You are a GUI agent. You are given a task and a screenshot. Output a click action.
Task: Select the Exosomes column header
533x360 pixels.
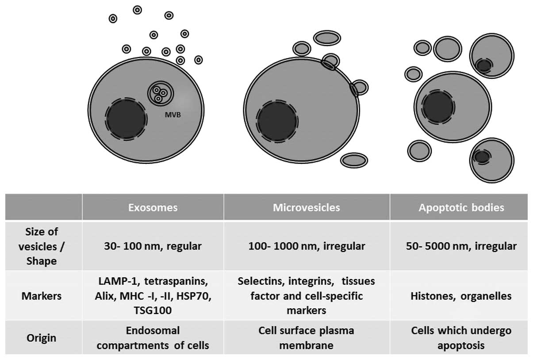[x=153, y=207]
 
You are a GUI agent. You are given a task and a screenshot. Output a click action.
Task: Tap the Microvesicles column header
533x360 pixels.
[x=307, y=207]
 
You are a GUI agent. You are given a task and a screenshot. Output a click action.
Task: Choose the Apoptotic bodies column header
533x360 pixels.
[x=461, y=207]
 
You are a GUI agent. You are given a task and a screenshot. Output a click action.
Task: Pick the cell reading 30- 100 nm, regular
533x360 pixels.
[x=153, y=246]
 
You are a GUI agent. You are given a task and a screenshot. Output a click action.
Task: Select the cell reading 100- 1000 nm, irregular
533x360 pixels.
[x=307, y=246]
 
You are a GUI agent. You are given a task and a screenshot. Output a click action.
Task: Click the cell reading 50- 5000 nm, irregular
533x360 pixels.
[x=461, y=246]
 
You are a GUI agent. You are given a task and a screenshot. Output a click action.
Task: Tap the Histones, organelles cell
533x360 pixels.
[x=461, y=296]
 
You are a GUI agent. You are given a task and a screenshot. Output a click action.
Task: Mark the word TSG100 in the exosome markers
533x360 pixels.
[x=153, y=310]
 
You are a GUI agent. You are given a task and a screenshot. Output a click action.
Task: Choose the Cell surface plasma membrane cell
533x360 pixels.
[x=307, y=338]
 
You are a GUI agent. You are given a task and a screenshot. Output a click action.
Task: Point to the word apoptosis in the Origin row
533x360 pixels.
[x=461, y=345]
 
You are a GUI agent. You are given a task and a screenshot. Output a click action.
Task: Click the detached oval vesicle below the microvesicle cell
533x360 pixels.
[x=354, y=160]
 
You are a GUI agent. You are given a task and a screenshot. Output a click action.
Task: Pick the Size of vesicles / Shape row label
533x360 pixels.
[x=41, y=246]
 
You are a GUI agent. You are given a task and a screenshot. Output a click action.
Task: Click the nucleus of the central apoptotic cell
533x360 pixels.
[x=437, y=107]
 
